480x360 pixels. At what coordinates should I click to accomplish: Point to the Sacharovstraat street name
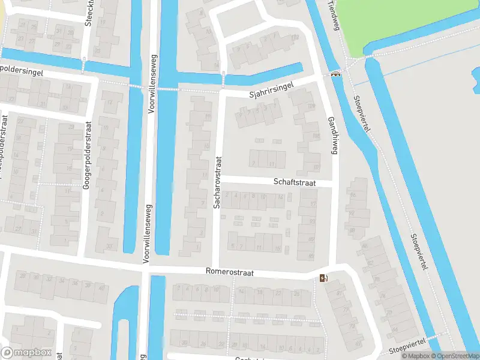[218, 182]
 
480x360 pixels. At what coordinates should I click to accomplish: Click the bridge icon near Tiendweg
[335, 74]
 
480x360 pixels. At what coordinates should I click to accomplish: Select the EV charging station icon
[325, 277]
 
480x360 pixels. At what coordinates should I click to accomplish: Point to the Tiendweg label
[333, 11]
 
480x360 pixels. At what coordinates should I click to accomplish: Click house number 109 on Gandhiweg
[311, 106]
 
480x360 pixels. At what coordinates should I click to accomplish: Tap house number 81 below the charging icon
[339, 292]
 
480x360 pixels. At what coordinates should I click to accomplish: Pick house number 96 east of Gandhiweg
[353, 195]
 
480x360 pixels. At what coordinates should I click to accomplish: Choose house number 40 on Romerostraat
[102, 287]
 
